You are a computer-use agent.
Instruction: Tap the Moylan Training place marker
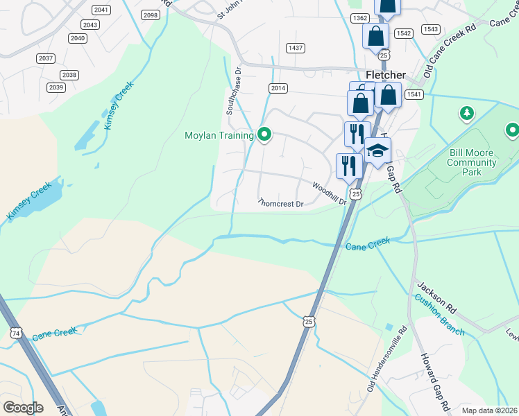264,135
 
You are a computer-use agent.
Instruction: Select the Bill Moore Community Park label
472,163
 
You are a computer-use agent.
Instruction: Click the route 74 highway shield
15,333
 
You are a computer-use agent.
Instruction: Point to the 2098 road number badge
150,15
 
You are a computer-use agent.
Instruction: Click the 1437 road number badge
296,47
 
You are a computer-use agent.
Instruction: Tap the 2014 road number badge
278,88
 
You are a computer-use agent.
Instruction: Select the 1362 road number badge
359,18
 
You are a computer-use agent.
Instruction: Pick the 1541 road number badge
414,94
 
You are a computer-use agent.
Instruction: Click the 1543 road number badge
430,29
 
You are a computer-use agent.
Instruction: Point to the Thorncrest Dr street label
280,204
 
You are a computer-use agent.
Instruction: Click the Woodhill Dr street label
328,193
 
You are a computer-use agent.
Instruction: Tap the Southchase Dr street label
233,91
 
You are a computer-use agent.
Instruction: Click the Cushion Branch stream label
440,315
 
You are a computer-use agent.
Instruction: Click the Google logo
22,408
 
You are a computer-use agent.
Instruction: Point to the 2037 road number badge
46,58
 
